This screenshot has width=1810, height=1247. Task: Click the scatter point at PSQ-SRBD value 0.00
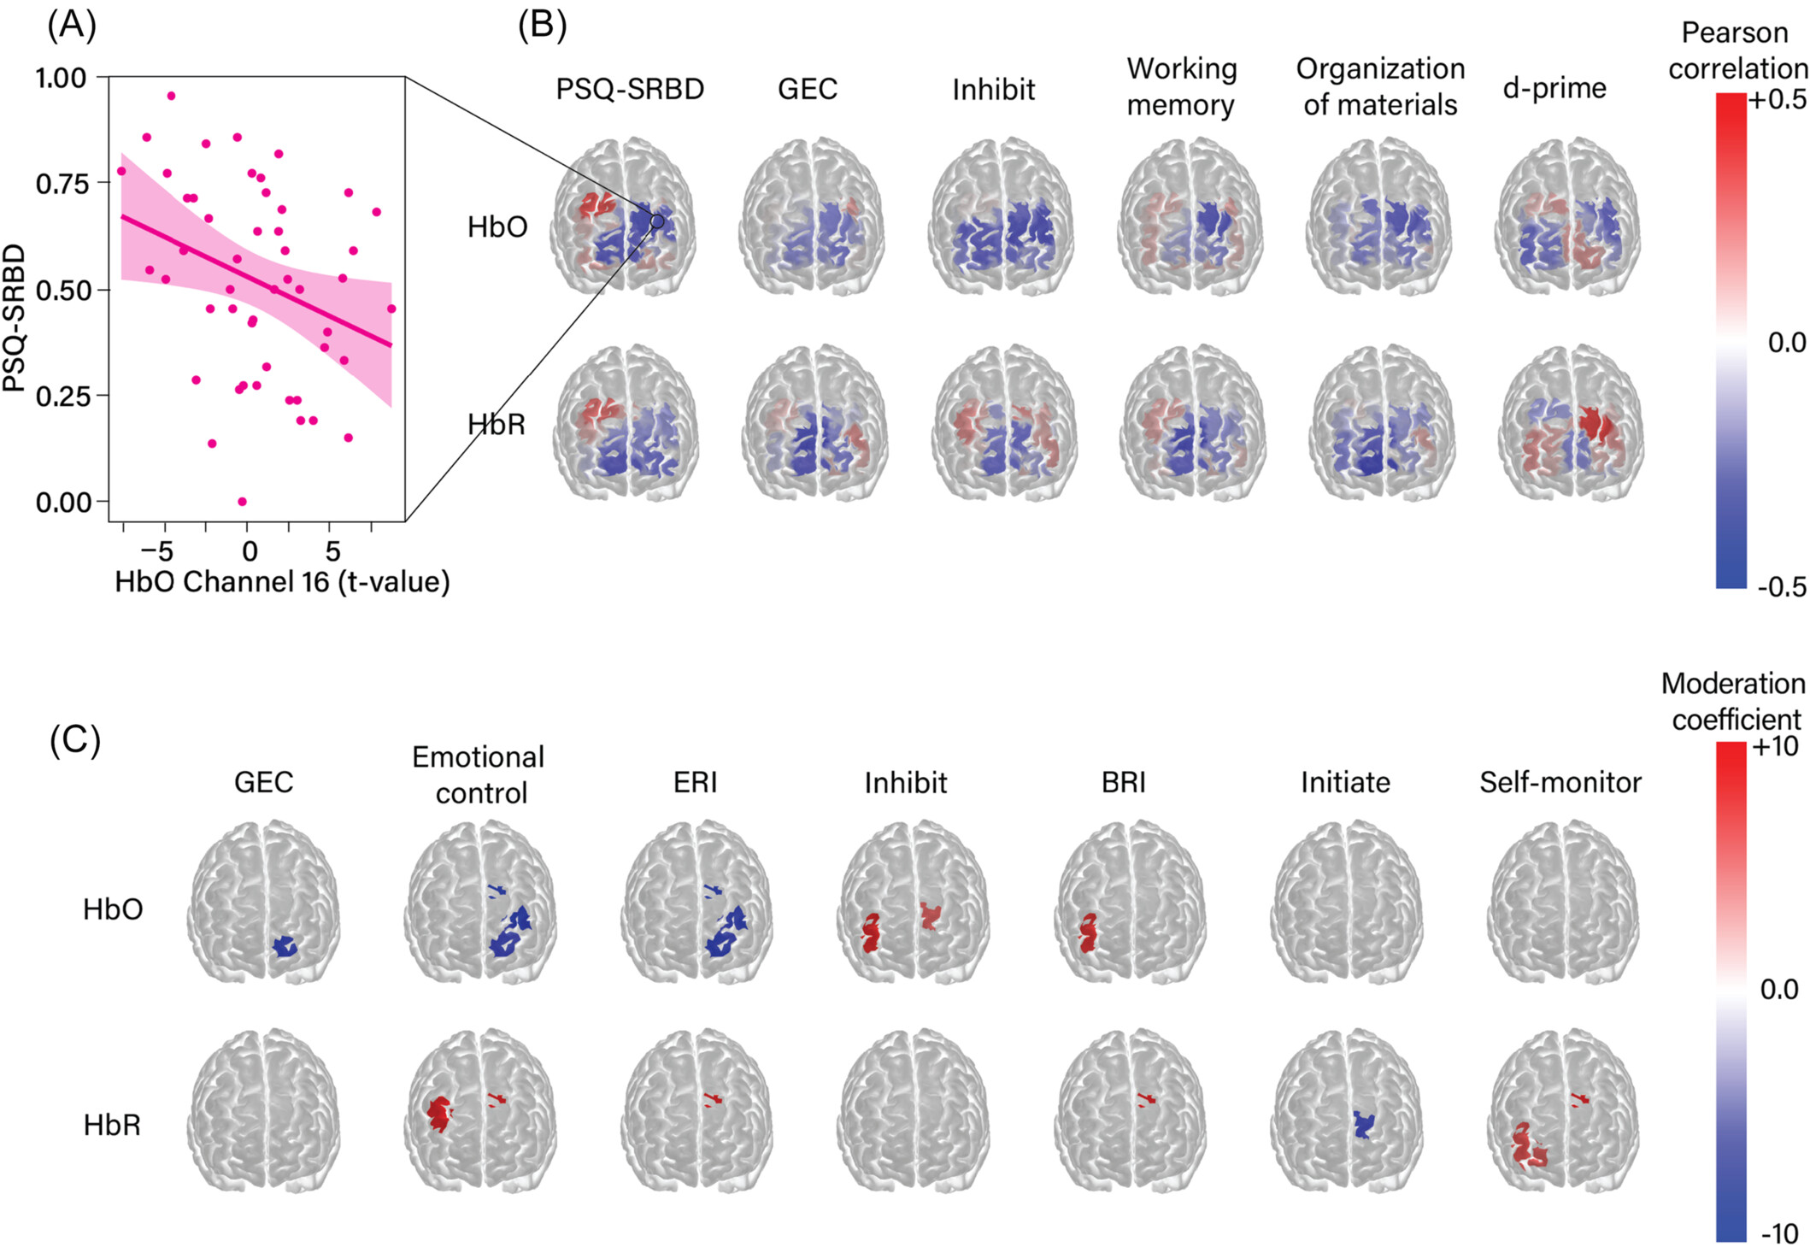click(x=242, y=502)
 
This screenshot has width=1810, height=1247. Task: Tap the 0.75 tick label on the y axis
click(x=62, y=184)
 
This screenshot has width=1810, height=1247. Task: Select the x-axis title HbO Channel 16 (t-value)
click(x=282, y=582)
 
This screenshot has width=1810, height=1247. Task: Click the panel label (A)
click(x=72, y=26)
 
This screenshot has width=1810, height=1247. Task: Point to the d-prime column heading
click(x=1554, y=88)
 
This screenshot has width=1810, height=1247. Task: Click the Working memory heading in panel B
click(x=1181, y=86)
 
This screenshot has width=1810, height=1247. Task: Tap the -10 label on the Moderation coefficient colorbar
click(x=1779, y=1233)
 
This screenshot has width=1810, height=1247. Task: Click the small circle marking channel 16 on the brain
click(x=656, y=221)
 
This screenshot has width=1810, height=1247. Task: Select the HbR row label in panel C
click(x=112, y=1126)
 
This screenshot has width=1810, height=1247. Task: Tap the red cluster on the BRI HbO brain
click(x=1087, y=933)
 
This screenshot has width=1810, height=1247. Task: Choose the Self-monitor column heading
click(x=1560, y=782)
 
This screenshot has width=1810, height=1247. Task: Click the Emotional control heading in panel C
click(x=479, y=774)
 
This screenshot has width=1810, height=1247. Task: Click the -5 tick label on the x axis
click(x=156, y=551)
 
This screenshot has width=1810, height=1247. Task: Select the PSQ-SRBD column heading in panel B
click(x=630, y=89)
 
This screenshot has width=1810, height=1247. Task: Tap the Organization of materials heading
click(x=1380, y=86)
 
